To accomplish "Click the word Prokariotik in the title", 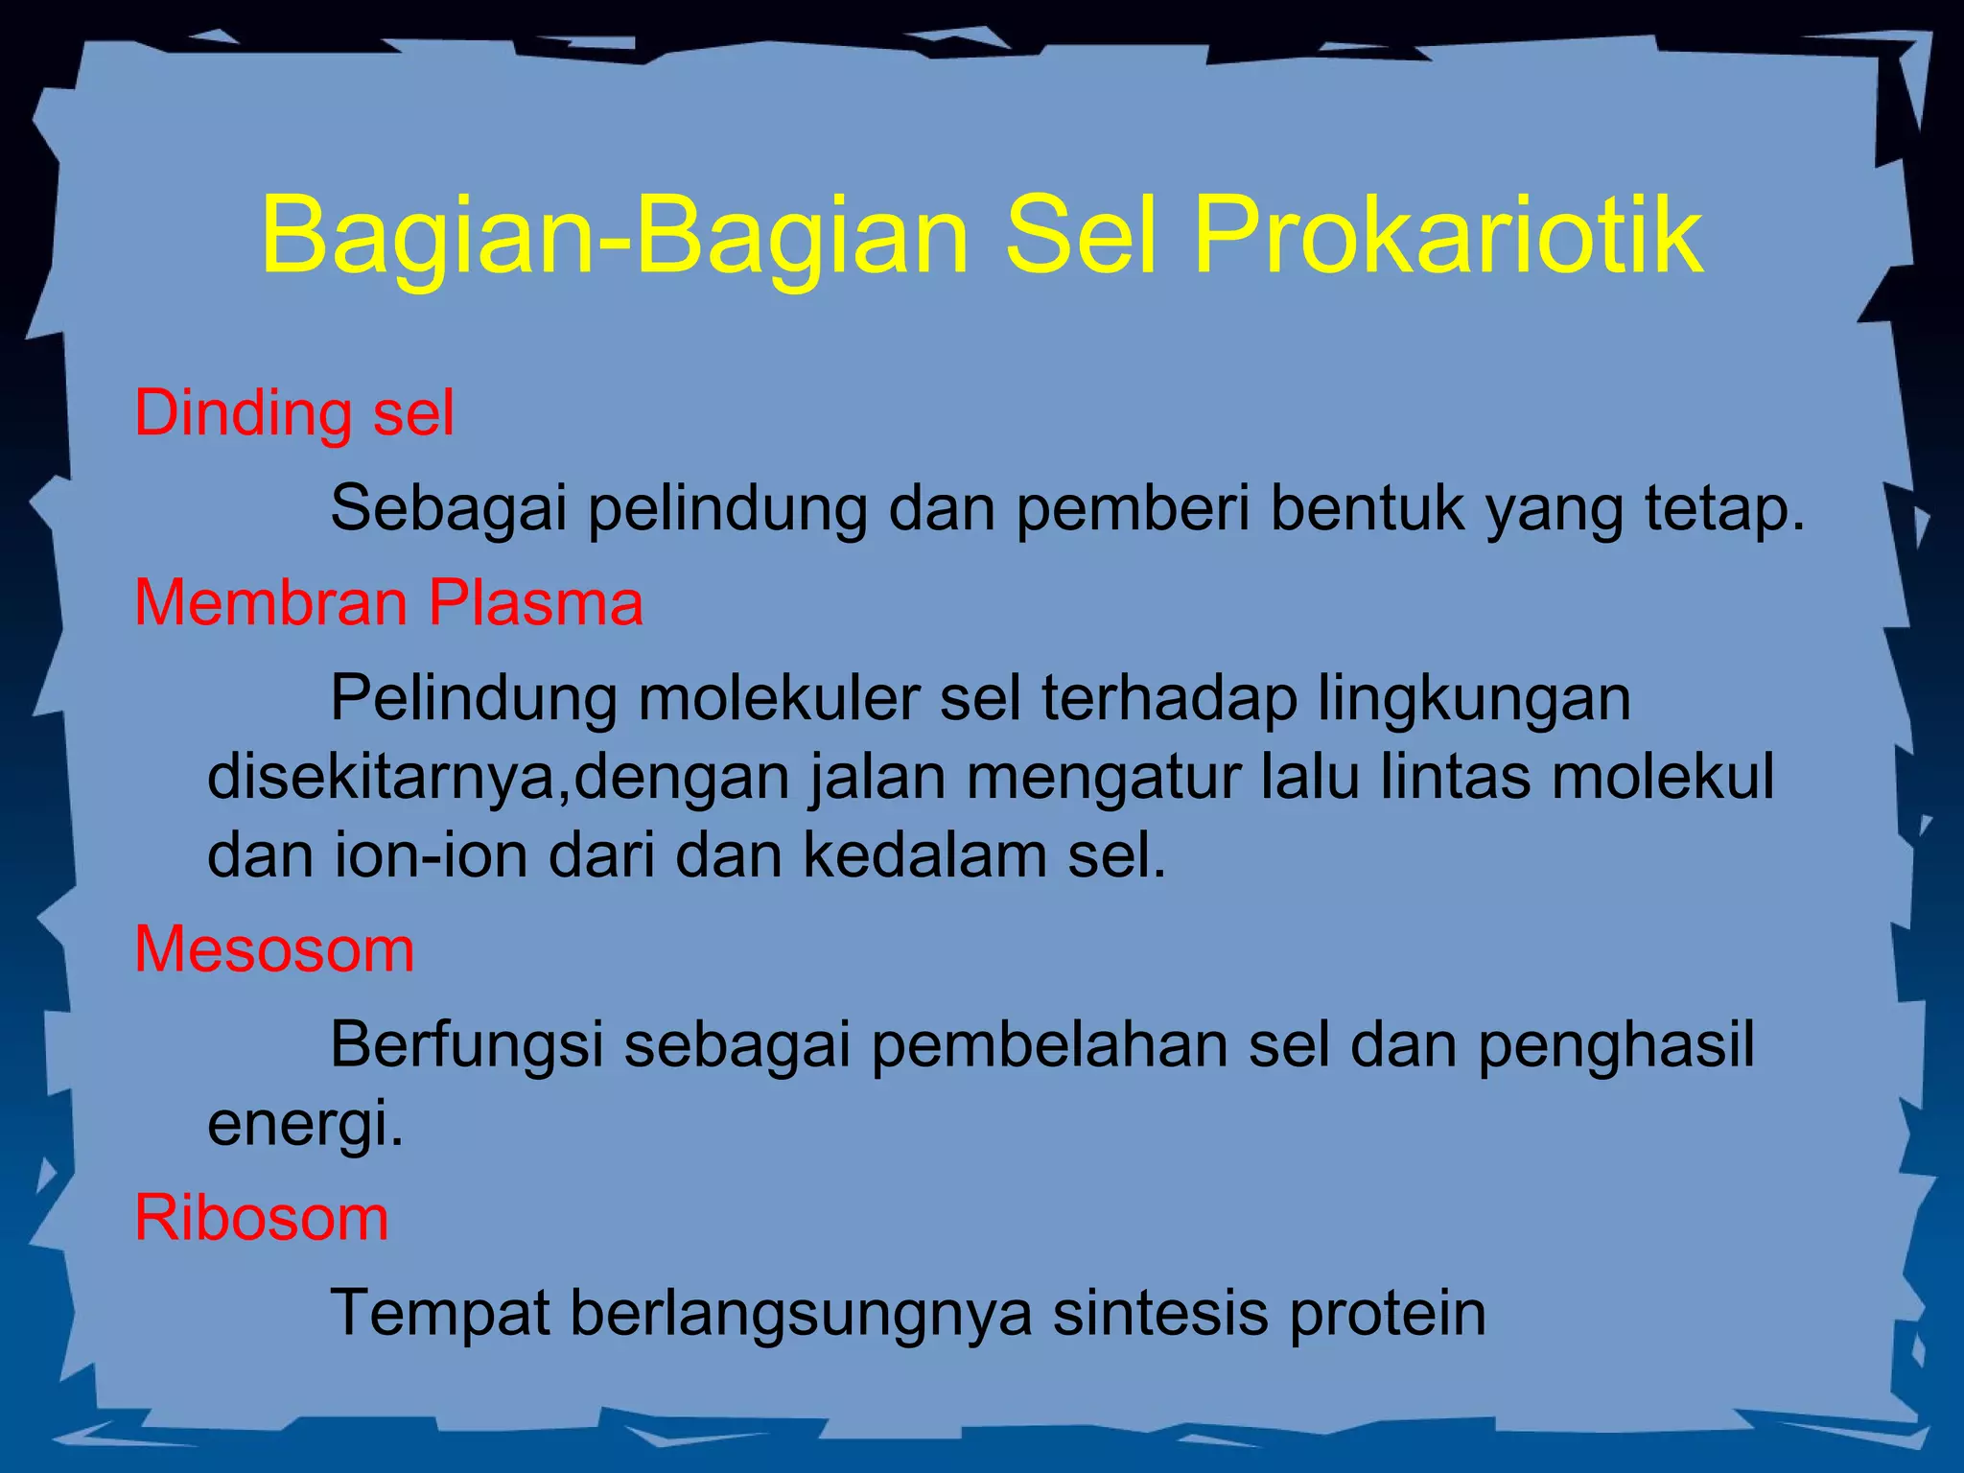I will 1448,236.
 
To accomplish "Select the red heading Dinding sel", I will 293,413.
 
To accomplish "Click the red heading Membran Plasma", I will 388,603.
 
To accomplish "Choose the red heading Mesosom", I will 274,949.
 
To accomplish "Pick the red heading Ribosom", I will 261,1218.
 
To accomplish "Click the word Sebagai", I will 449,508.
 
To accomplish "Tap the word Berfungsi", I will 466,1045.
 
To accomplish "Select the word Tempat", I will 440,1314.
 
